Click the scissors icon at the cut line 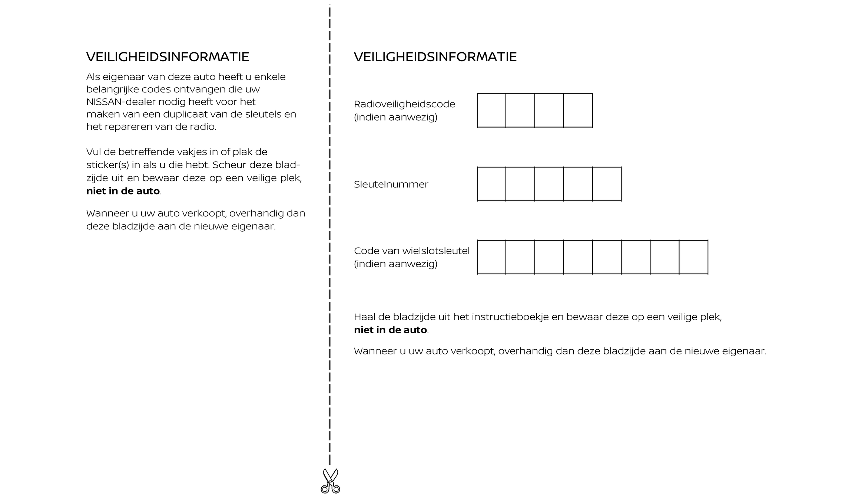(330, 481)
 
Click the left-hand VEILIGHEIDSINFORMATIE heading (168, 57)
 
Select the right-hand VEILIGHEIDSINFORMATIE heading (435, 57)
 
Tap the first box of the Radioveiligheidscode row (491, 110)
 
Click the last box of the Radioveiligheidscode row (578, 110)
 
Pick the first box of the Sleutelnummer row (491, 184)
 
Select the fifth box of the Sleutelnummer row (607, 184)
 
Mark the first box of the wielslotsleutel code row (491, 257)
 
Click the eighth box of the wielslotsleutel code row (693, 257)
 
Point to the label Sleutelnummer (391, 184)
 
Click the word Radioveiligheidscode (404, 104)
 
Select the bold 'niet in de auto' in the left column (123, 191)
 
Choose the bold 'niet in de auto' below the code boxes (390, 330)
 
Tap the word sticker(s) (107, 165)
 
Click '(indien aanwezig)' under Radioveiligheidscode (395, 117)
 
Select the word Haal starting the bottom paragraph (362, 317)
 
